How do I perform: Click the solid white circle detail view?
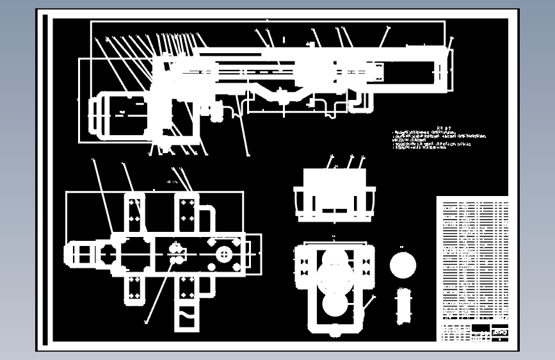403,265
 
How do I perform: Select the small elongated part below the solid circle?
403,306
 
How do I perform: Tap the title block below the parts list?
474,332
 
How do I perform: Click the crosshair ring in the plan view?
224,254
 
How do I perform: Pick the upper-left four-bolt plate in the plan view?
134,211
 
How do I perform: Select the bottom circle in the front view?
335,305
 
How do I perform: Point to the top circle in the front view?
335,258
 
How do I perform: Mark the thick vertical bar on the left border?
45,179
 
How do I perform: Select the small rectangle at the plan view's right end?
253,254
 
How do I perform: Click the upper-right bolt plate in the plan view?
187,211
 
